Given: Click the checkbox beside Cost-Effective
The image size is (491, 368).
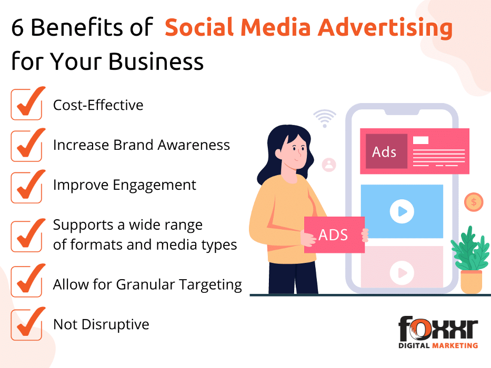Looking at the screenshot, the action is coord(27,105).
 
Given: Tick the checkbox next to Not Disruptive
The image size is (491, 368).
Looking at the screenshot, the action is coord(27,324).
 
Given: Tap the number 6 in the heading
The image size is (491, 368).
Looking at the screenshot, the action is coord(17,27).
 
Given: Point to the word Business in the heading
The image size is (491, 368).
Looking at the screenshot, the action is coord(156,62).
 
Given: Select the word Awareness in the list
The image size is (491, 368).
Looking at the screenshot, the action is coord(194,145).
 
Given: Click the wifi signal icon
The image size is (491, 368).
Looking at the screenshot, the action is coord(325,118).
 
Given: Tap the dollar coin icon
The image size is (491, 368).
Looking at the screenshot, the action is coord(474,202).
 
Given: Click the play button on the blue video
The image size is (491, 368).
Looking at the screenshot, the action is coord(402,211).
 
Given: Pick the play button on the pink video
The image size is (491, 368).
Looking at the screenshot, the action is coord(402,273).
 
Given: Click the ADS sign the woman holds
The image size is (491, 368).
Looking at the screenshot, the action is coord(334,234).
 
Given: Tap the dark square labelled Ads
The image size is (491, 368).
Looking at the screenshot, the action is coord(386,151).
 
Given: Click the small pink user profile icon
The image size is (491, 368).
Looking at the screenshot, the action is coord(329,165).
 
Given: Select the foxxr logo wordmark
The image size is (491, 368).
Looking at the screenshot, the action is coord(438,328).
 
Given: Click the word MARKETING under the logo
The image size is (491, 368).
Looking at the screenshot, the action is coord(455,346).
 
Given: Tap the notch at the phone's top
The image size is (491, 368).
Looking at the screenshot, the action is coord(402,112).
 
